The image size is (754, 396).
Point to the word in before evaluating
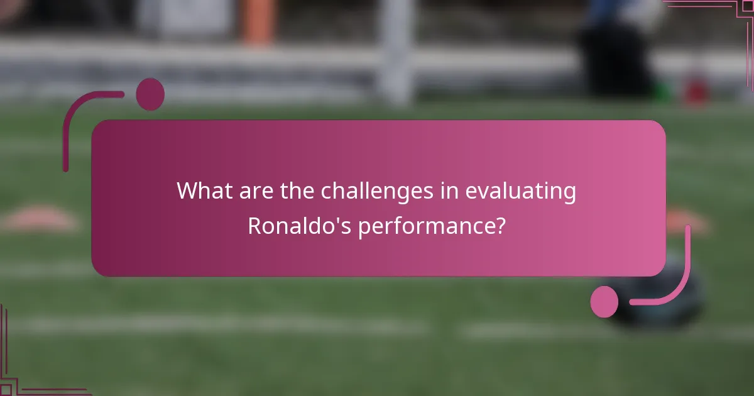(x=448, y=191)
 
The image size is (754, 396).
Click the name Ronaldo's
(x=299, y=226)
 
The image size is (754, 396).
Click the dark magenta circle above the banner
(x=150, y=94)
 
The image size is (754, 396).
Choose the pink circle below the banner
(x=604, y=301)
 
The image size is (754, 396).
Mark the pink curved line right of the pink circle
(x=672, y=277)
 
